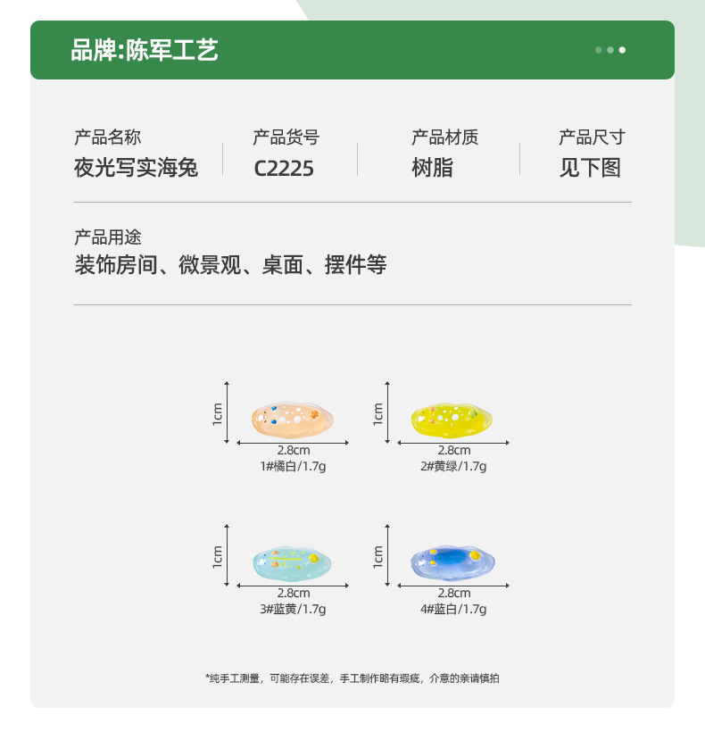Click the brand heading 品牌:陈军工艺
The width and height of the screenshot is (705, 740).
(x=145, y=50)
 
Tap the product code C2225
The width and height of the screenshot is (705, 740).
(x=284, y=168)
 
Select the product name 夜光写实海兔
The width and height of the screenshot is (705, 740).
(x=136, y=168)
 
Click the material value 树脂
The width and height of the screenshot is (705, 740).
(x=432, y=168)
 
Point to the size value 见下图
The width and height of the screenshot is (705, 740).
(x=590, y=168)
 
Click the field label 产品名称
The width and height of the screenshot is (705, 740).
(x=107, y=137)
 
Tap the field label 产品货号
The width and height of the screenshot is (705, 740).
(x=286, y=137)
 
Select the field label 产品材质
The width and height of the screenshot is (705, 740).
(x=444, y=137)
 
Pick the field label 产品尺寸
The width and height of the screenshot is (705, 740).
(x=592, y=137)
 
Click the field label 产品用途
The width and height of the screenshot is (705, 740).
(x=107, y=237)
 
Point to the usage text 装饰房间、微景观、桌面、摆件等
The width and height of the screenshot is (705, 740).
(x=230, y=265)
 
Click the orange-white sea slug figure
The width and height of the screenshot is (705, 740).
(x=293, y=416)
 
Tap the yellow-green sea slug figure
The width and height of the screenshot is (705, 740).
(x=452, y=417)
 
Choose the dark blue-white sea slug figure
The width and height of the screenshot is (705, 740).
(x=452, y=560)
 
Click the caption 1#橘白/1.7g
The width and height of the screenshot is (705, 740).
(x=293, y=466)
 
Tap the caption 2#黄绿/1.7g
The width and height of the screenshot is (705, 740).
(x=453, y=466)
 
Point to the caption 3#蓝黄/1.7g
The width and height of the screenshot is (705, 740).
(x=293, y=609)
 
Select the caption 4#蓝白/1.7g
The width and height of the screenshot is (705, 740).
(x=453, y=609)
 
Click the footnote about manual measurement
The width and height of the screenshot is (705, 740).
(x=352, y=678)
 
